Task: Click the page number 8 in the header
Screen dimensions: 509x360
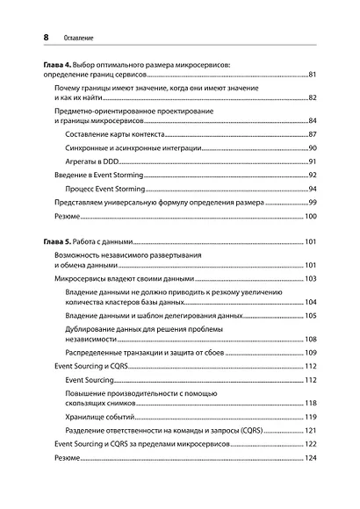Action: point(35,37)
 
